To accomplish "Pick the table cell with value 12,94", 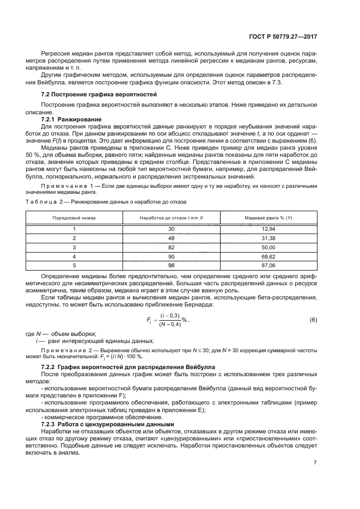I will pyautogui.click(x=269, y=229).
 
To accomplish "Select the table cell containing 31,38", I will pyautogui.click(x=269, y=238).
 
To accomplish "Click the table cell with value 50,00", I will pyautogui.click(x=269, y=247).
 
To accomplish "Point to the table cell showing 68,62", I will pyautogui.click(x=269, y=256).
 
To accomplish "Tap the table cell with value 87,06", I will pyautogui.click(x=269, y=265).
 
